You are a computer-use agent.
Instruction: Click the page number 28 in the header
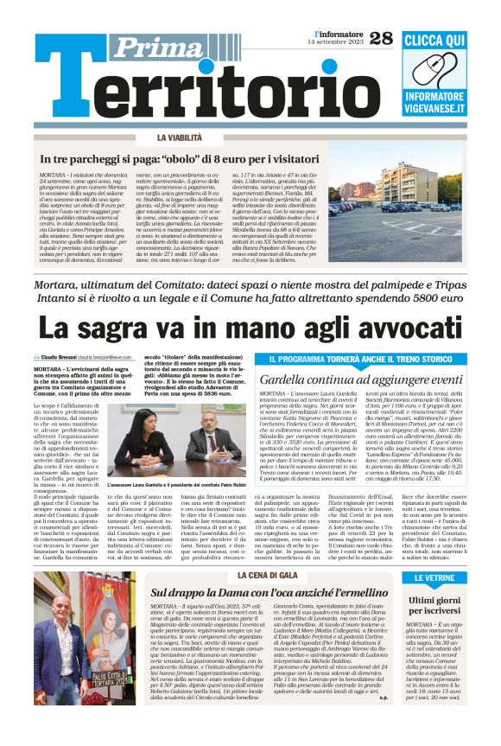point(380,37)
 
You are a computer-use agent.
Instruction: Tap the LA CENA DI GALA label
point(267,575)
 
